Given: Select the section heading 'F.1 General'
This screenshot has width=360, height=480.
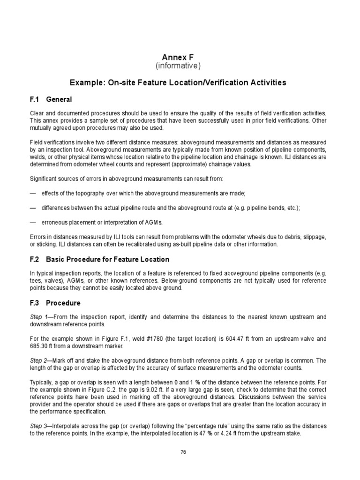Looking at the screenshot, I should tap(51, 99).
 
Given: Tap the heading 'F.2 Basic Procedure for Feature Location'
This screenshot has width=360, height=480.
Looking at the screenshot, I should tap(99, 259).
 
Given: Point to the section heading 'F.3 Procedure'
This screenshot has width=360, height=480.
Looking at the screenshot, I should tap(55, 303).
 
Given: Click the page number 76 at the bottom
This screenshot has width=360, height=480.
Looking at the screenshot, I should tap(180, 452).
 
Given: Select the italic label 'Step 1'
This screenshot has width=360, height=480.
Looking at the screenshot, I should tap(38, 317).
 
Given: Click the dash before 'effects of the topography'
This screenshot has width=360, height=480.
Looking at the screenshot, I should tap(33, 193).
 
